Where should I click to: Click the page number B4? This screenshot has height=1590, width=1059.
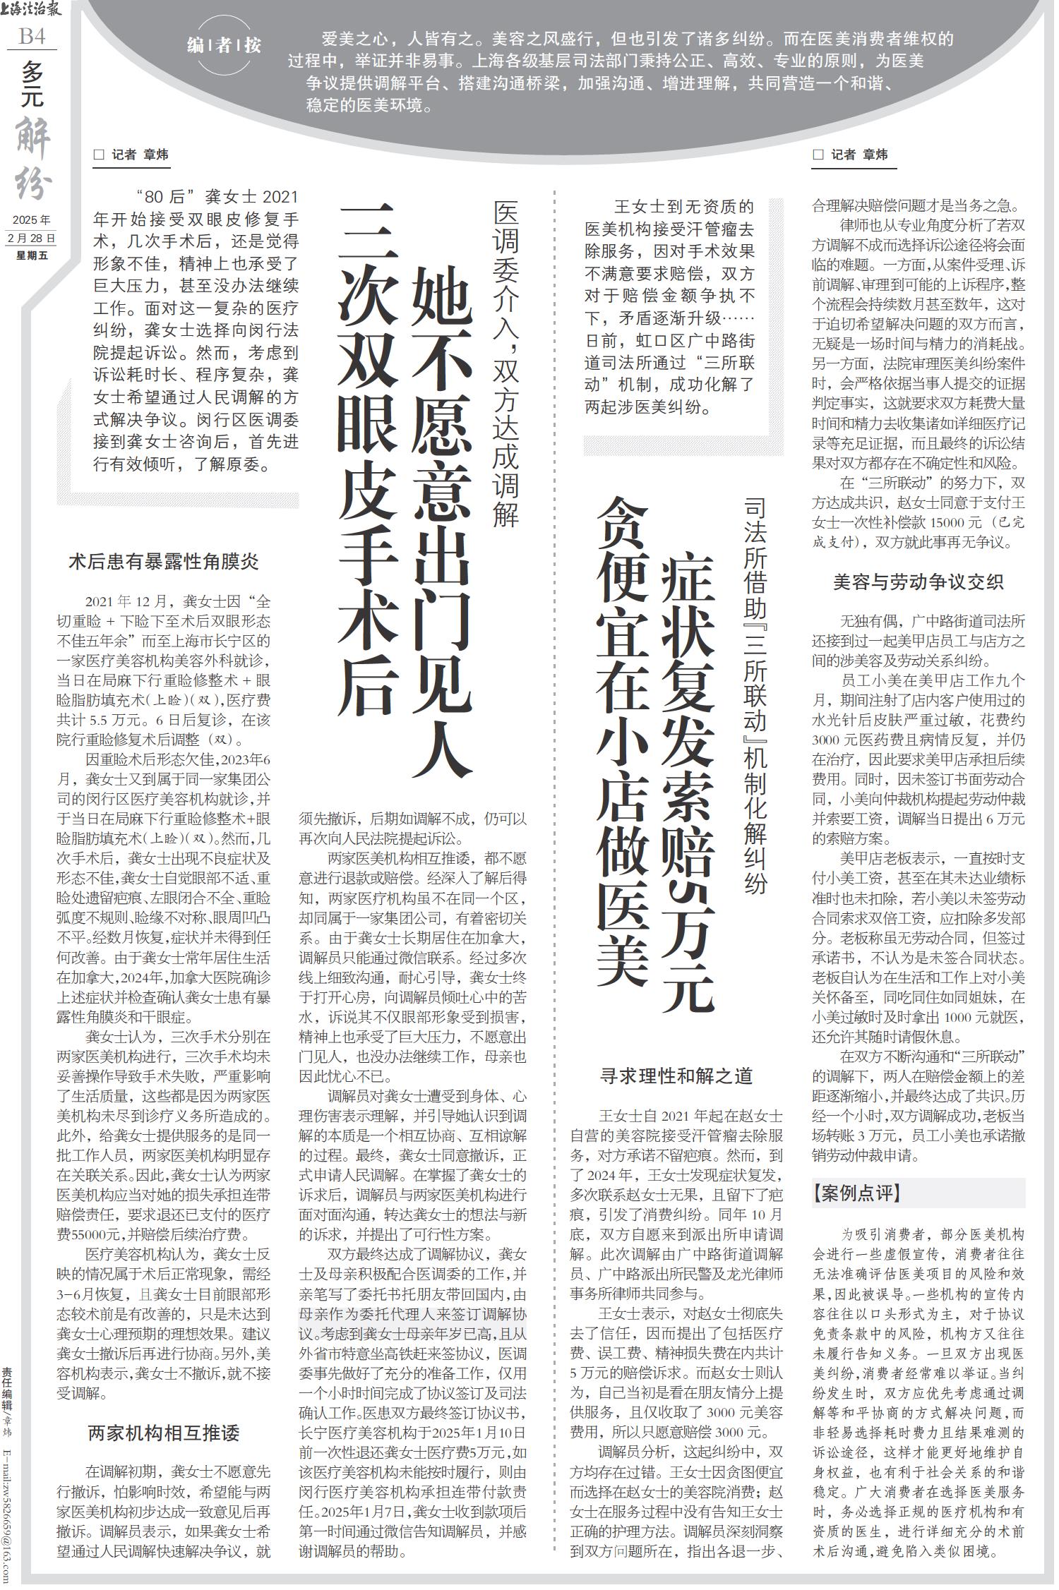(32, 36)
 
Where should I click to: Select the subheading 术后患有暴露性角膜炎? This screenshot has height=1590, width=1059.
(163, 562)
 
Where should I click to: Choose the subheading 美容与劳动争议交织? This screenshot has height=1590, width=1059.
(918, 582)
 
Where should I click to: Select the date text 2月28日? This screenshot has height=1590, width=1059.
(32, 238)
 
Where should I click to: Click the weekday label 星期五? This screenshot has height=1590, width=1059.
(32, 255)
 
